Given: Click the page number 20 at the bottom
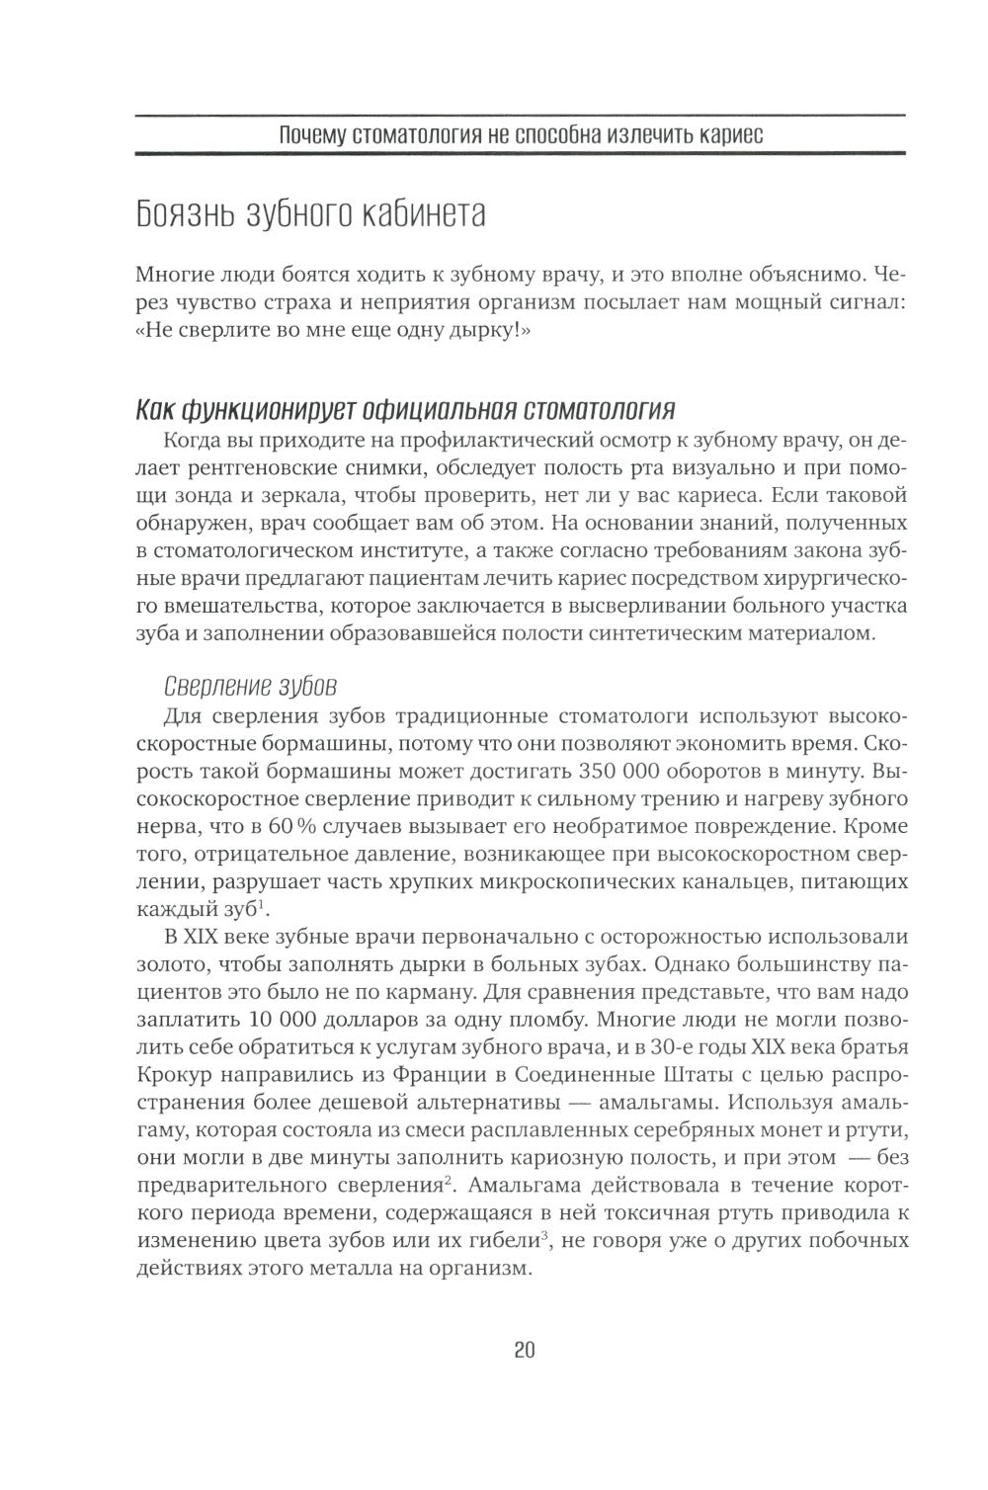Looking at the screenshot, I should tap(524, 1350).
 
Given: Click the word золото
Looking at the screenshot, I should tap(165, 962).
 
